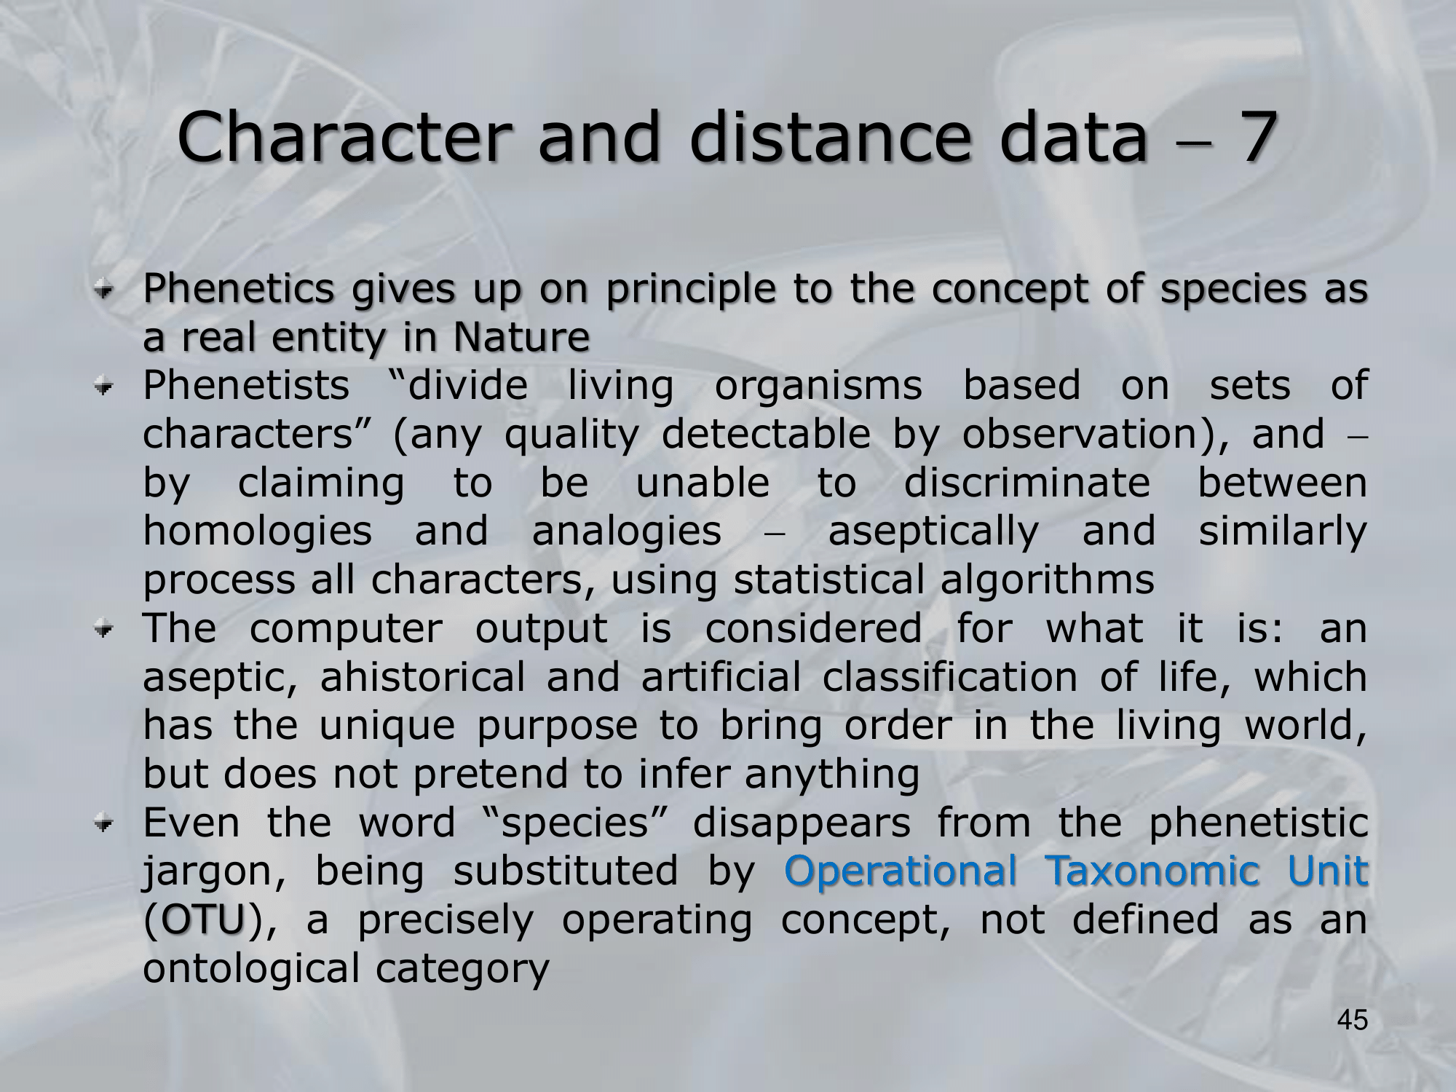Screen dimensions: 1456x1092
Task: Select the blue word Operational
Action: click(901, 870)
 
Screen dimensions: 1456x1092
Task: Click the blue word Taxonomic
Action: click(1152, 870)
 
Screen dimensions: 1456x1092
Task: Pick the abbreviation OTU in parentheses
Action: click(203, 919)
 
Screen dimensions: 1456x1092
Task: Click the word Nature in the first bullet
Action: click(521, 337)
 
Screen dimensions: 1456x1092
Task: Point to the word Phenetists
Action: click(246, 385)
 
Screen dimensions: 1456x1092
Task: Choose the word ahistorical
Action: click(422, 677)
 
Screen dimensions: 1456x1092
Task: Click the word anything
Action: click(832, 775)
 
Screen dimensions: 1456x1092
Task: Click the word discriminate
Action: click(1027, 483)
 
